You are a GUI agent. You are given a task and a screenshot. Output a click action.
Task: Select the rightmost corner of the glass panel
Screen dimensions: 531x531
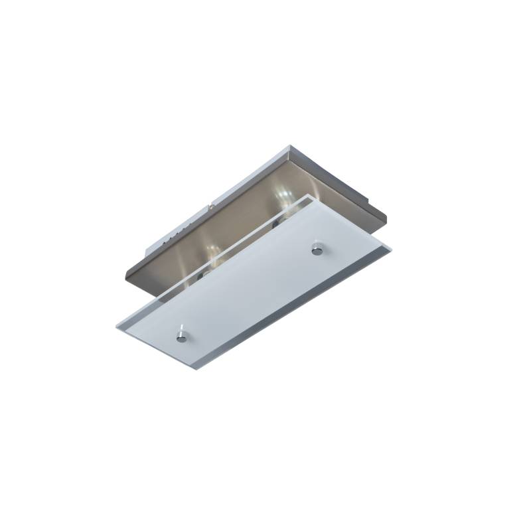(x=391, y=248)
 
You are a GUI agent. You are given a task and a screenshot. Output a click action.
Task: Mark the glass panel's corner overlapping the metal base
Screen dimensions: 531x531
(x=305, y=196)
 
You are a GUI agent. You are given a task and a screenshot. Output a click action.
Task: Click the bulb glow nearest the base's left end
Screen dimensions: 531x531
(x=211, y=250)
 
